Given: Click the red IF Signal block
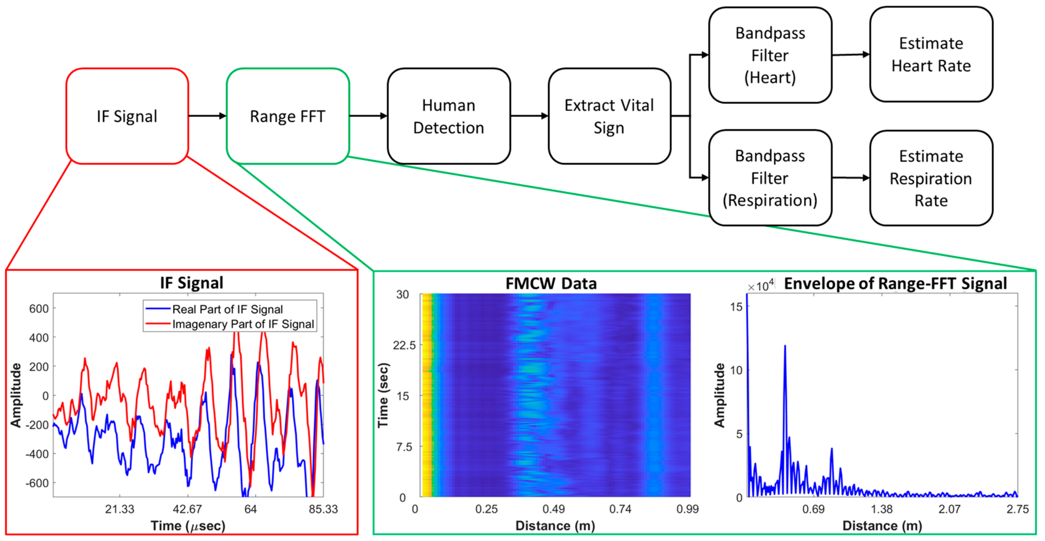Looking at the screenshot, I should tap(127, 116).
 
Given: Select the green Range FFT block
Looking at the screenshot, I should tap(288, 116).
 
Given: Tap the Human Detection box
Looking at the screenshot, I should tap(448, 116).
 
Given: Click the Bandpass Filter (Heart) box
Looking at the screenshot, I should tap(770, 55).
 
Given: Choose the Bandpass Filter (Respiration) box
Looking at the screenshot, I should tap(770, 178).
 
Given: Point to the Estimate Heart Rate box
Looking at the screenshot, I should tap(931, 54).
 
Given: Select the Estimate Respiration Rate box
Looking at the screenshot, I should tap(931, 178).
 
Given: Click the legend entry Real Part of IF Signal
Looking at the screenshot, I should tap(227, 310).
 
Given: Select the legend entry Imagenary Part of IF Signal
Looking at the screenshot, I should tap(243, 324).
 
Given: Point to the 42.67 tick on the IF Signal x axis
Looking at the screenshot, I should tap(187, 509).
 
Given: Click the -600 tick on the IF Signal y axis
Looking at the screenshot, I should tap(37, 483).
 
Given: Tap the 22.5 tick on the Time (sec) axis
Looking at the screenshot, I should tap(404, 345).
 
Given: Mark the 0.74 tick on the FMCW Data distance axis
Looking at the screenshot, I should tap(620, 509).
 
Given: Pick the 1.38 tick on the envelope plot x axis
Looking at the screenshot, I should tap(882, 509).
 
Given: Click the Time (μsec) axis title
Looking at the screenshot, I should tap(188, 526).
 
